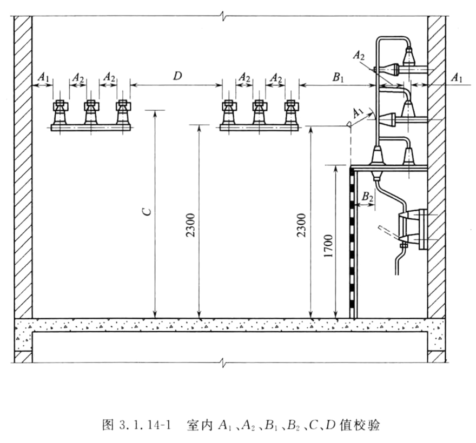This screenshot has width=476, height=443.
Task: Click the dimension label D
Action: tap(177, 76)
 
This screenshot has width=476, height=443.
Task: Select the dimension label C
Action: tap(147, 211)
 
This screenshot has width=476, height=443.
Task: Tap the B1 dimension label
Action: tap(338, 77)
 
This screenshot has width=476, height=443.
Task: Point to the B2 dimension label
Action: tap(367, 197)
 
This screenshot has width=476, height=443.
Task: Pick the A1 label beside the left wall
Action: tap(43, 77)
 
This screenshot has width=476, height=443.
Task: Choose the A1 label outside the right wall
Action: tap(457, 78)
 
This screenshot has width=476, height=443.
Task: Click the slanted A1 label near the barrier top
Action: tap(359, 113)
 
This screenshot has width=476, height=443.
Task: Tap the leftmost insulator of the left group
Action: tap(61, 112)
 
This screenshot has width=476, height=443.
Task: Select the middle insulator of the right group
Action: tap(260, 112)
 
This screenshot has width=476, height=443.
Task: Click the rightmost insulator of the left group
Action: tap(123, 112)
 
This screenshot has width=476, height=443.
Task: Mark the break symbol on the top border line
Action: tap(224, 16)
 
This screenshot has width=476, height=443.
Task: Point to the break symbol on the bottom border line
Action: tap(224, 362)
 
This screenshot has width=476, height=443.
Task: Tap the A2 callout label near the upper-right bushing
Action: tap(359, 56)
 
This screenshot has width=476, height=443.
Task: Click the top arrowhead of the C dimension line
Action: tap(155, 112)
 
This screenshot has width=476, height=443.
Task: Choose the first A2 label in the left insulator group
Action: tap(78, 78)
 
